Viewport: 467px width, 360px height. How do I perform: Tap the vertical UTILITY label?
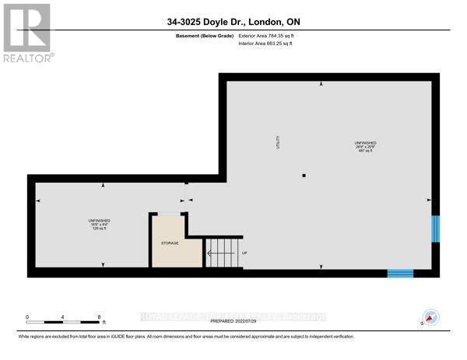pyautogui.click(x=277, y=142)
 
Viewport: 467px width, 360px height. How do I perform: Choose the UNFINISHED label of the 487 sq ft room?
pyautogui.click(x=365, y=143)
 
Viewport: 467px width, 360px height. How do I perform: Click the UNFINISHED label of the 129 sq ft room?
pyautogui.click(x=99, y=221)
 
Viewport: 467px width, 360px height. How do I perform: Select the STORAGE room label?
pyautogui.click(x=170, y=243)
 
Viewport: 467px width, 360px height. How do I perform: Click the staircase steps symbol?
pyautogui.click(x=220, y=253)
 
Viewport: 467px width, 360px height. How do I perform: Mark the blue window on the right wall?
pyautogui.click(x=435, y=229)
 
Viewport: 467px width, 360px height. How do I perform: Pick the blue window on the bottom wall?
pyautogui.click(x=400, y=273)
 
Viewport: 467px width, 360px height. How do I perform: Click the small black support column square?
pyautogui.click(x=306, y=176)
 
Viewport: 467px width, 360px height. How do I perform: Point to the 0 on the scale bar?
pyautogui.click(x=27, y=316)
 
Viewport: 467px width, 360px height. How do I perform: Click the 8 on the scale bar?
pyautogui.click(x=99, y=316)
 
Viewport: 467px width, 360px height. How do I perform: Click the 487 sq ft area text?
pyautogui.click(x=365, y=151)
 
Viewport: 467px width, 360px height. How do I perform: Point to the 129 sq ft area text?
pyautogui.click(x=99, y=229)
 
